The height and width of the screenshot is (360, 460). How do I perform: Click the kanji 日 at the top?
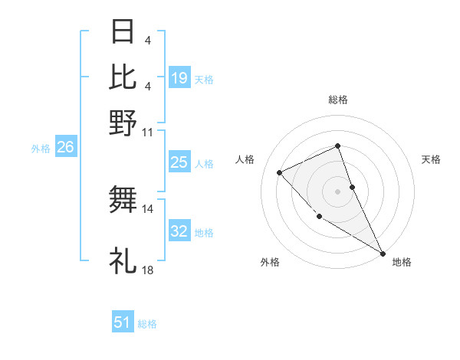click(123, 32)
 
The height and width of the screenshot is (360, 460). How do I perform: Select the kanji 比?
click(123, 77)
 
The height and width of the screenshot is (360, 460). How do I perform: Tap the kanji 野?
click(123, 123)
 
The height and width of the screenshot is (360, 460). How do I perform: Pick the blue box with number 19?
click(179, 78)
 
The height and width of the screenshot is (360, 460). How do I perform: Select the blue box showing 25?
click(179, 162)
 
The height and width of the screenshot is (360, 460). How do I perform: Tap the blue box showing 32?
click(179, 231)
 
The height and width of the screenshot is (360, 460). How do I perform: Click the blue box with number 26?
click(65, 148)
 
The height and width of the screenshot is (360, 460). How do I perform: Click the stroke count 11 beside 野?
click(148, 132)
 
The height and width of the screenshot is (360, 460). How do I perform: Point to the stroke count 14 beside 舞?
click(148, 208)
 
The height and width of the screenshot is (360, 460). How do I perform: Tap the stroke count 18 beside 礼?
click(148, 270)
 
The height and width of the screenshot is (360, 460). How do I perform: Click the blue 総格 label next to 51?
click(147, 324)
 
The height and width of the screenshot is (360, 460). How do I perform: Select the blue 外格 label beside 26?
click(41, 149)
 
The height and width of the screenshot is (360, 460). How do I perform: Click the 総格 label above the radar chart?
click(337, 100)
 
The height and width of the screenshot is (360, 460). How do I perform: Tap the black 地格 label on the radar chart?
click(402, 262)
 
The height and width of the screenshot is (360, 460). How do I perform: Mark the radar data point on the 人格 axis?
click(280, 172)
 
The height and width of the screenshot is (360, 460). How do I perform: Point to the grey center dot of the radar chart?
click(337, 191)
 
